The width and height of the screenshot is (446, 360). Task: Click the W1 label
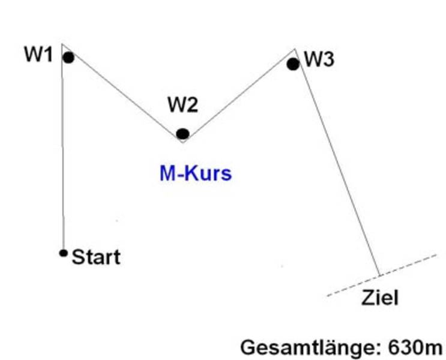tap(38, 55)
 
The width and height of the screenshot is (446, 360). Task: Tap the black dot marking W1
tap(68, 58)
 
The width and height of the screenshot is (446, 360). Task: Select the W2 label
tap(182, 106)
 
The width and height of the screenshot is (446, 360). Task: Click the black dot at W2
tap(182, 134)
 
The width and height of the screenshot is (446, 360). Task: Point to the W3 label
tap(319, 59)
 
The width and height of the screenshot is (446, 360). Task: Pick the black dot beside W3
tap(293, 64)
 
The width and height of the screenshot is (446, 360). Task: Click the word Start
tap(96, 257)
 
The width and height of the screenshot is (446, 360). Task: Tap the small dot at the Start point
tap(63, 253)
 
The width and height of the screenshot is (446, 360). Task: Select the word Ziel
tap(379, 298)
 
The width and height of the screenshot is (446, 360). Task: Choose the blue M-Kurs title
tap(196, 174)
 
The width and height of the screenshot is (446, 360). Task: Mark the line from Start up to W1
tap(62, 156)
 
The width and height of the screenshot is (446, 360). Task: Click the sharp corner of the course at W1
tap(62, 44)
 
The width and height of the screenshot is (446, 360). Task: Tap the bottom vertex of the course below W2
tap(181, 142)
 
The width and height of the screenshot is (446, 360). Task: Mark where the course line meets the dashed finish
tap(380, 275)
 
